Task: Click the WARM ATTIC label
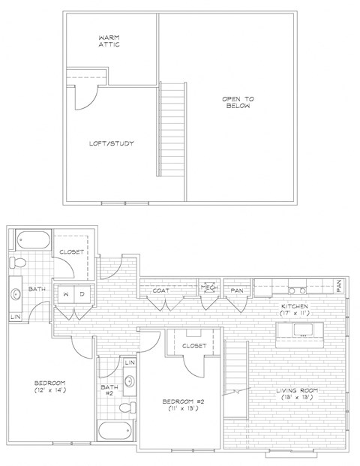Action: (109, 41)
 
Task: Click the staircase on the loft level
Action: (172, 129)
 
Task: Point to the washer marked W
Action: (67, 294)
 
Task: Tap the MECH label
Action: (208, 287)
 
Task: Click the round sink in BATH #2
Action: (129, 381)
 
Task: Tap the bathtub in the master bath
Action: (31, 241)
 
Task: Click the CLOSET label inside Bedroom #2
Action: (193, 346)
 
